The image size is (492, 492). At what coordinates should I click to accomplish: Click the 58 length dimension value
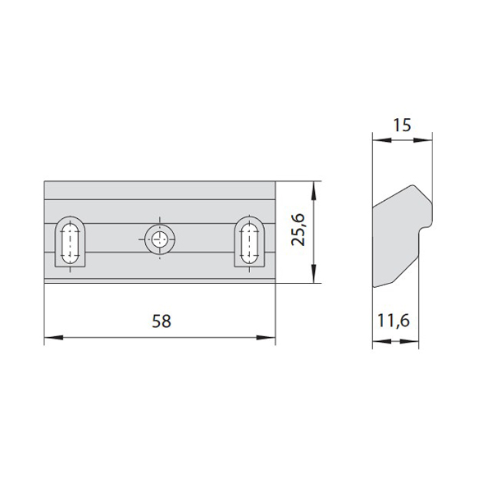(x=162, y=321)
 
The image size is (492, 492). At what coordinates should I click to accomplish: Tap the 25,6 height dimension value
(x=298, y=230)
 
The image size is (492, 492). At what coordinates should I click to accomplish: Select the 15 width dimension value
(x=402, y=125)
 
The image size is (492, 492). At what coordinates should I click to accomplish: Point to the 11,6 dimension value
(x=394, y=321)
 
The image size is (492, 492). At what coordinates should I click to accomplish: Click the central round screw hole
(x=160, y=239)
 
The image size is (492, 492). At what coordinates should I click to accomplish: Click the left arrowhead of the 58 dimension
(x=53, y=338)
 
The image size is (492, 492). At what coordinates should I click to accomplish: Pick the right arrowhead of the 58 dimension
(x=266, y=338)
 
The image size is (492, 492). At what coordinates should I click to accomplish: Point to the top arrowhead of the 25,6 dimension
(x=313, y=191)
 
